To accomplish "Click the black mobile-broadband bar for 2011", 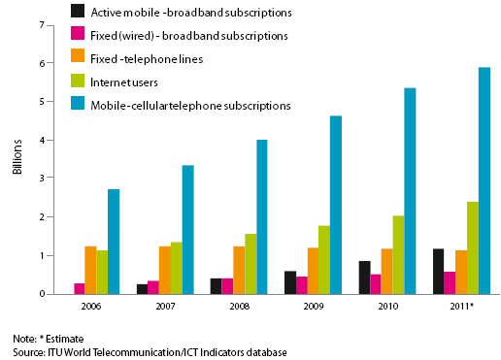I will [439, 271].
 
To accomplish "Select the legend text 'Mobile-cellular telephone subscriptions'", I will [189, 104].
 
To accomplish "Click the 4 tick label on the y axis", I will [41, 140].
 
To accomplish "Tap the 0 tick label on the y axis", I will [41, 294].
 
